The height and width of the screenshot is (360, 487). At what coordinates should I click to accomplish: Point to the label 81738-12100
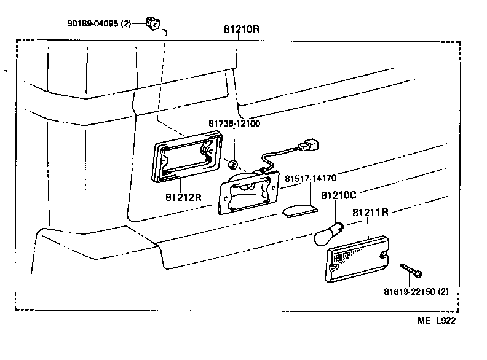[233, 123]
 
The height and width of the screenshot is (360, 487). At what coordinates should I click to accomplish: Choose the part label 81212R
[183, 198]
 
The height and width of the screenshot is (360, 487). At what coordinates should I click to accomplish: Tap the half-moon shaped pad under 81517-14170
[300, 210]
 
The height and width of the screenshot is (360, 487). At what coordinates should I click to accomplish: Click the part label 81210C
[339, 195]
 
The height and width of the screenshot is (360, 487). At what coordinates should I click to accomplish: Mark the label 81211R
[370, 213]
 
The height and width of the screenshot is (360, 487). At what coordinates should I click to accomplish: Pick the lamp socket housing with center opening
[247, 190]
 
